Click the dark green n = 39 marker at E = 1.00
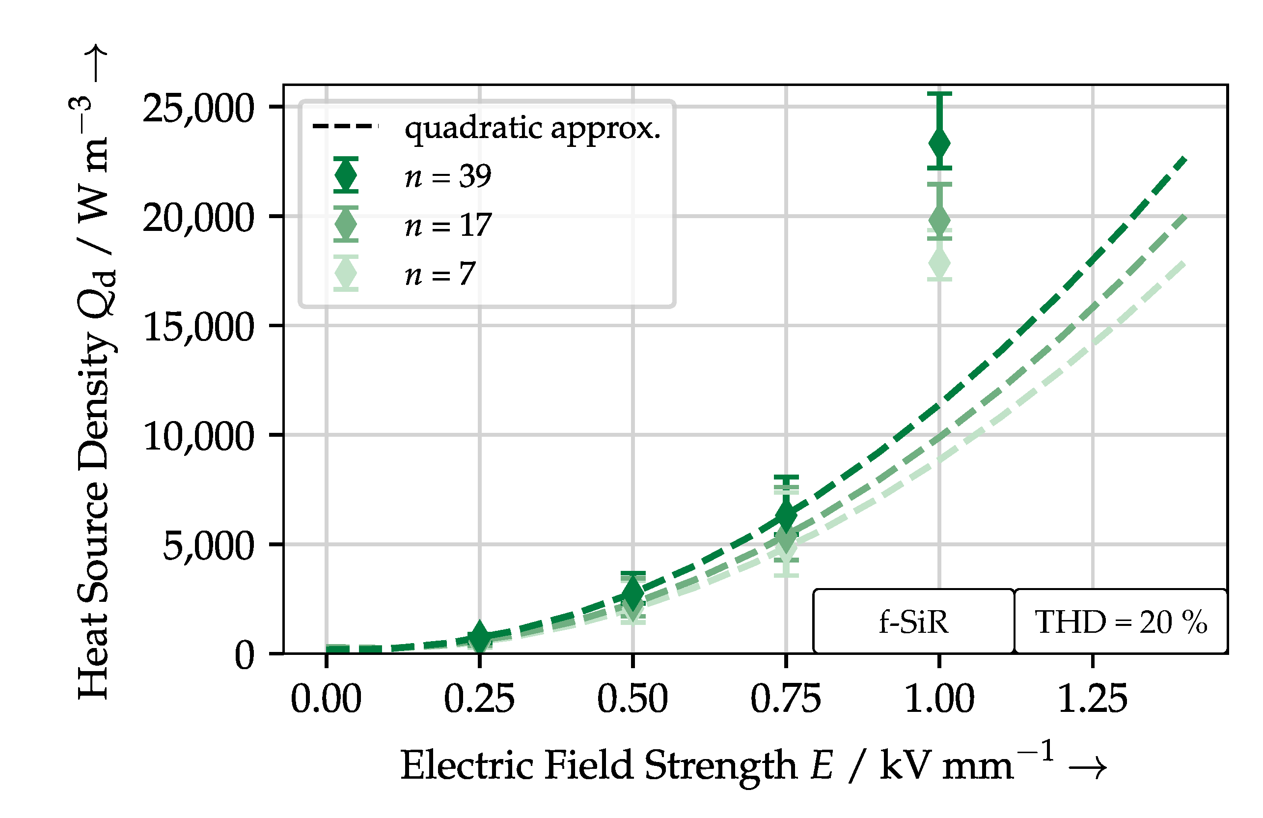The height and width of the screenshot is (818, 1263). point(939,143)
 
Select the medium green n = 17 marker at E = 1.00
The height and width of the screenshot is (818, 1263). point(939,220)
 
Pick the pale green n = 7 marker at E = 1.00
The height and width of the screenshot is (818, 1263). point(939,264)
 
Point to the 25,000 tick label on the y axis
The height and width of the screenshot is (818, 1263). point(198,108)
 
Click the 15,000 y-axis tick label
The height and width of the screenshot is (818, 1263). point(198,327)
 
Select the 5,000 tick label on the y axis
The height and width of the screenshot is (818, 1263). point(208,546)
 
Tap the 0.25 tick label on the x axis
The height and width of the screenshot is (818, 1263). point(479,699)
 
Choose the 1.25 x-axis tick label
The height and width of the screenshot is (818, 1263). point(1092,699)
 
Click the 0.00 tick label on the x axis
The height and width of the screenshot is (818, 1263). point(326,699)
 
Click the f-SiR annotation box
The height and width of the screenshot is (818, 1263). point(913,621)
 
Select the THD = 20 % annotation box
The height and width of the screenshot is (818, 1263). point(1120,621)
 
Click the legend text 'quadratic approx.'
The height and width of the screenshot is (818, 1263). point(532,128)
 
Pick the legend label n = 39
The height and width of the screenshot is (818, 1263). point(448,176)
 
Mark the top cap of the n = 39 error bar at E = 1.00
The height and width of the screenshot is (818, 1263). point(939,94)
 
